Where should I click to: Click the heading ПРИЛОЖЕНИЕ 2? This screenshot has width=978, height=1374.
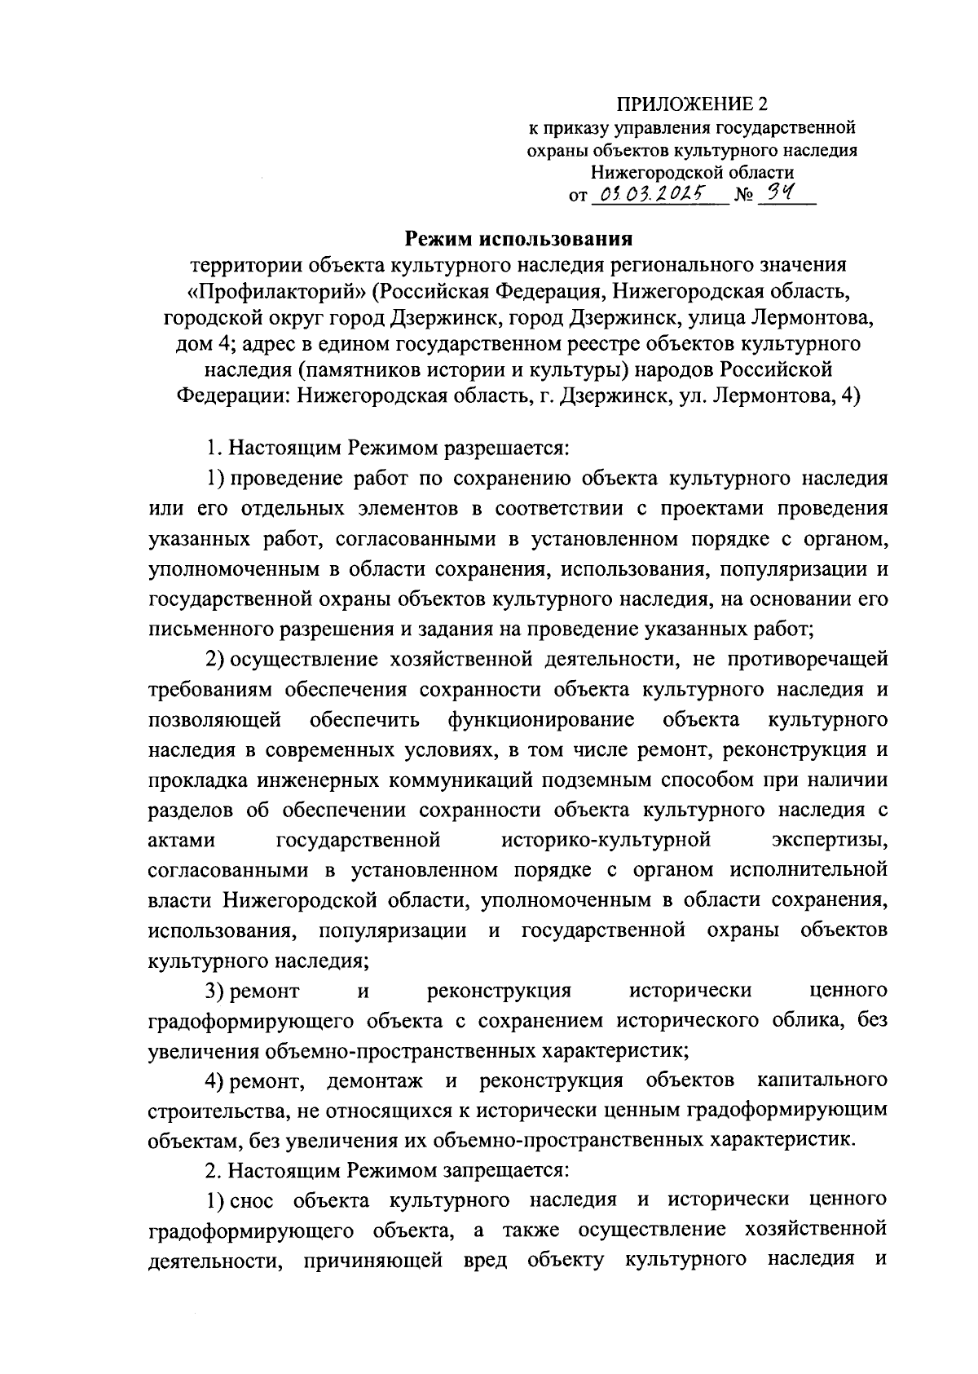(x=692, y=104)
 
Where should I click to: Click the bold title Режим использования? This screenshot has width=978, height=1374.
(x=520, y=239)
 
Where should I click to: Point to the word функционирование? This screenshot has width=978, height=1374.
(x=541, y=720)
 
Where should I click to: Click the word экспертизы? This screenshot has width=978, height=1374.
(x=829, y=840)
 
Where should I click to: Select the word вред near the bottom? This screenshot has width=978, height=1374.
(x=484, y=1260)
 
